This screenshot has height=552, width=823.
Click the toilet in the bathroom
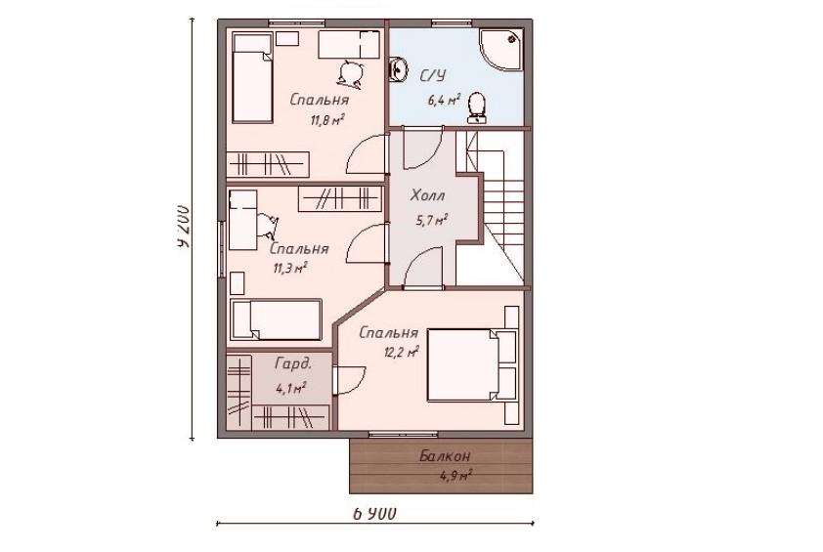pyautogui.click(x=477, y=107)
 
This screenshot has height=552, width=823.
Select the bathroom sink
pyautogui.click(x=399, y=68)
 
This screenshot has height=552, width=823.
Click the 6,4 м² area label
pyautogui.click(x=444, y=100)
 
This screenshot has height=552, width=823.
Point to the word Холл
pyautogui.click(x=427, y=195)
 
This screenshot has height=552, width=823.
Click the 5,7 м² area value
pyautogui.click(x=431, y=219)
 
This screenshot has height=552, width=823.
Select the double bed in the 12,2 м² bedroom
pyautogui.click(x=471, y=365)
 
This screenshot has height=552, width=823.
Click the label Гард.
pyautogui.click(x=293, y=363)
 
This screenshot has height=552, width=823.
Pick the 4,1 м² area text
pyautogui.click(x=290, y=388)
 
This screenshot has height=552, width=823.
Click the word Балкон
pyautogui.click(x=445, y=455)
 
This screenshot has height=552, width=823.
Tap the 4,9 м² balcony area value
pyautogui.click(x=455, y=477)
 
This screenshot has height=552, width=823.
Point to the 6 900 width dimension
pyautogui.click(x=374, y=514)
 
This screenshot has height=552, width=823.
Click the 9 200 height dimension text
pyautogui.click(x=183, y=225)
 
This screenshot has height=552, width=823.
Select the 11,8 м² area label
pyautogui.click(x=327, y=121)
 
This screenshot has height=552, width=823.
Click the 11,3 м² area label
pyautogui.click(x=289, y=269)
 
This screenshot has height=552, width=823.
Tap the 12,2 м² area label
pyautogui.click(x=402, y=352)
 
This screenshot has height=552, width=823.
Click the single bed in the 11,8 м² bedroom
pyautogui.click(x=252, y=79)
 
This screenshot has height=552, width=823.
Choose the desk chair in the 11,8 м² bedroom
pyautogui.click(x=351, y=72)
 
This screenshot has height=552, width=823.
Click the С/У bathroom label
pyautogui.click(x=432, y=75)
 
